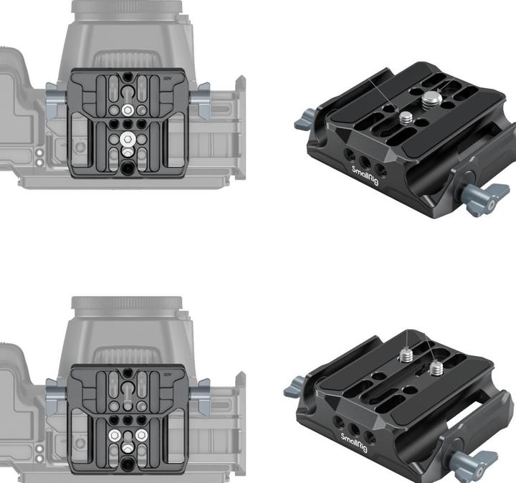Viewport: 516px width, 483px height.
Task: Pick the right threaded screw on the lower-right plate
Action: [x=435, y=369]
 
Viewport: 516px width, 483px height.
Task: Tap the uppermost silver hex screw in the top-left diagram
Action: [x=127, y=109]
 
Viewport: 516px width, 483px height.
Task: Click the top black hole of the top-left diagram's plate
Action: [x=127, y=75]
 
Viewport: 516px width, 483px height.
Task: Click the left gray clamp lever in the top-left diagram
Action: [x=54, y=100]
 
